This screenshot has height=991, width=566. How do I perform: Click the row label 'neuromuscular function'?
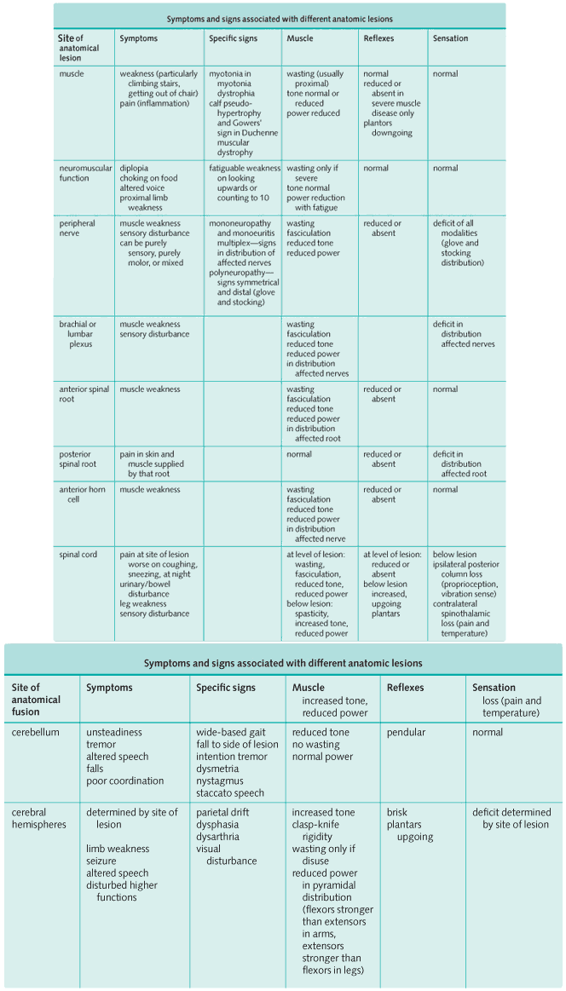click(x=85, y=173)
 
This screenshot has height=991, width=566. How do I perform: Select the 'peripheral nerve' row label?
click(x=78, y=228)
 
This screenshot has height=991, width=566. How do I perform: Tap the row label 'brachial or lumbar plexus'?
click(x=78, y=334)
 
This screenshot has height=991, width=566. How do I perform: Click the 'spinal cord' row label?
click(x=78, y=555)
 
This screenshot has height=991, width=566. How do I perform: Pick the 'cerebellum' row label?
click(x=36, y=732)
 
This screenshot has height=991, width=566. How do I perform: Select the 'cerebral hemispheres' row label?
click(x=38, y=818)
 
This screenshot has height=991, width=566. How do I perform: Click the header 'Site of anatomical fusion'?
click(x=37, y=700)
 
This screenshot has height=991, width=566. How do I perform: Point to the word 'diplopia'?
click(x=134, y=168)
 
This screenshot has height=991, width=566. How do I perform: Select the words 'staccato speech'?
click(x=230, y=792)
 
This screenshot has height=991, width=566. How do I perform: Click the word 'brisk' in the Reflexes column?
click(x=397, y=812)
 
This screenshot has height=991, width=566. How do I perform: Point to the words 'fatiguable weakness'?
click(x=245, y=168)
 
